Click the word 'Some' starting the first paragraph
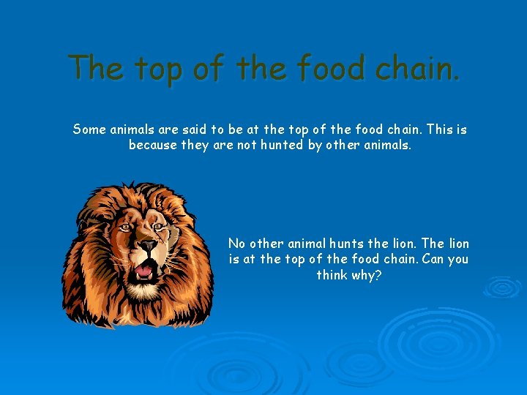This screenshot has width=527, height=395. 89,129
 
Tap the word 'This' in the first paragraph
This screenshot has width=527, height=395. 439,129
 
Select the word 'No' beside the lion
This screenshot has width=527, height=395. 236,244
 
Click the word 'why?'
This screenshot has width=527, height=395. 368,275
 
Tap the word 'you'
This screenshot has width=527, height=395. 458,259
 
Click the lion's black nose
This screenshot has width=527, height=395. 148,245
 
